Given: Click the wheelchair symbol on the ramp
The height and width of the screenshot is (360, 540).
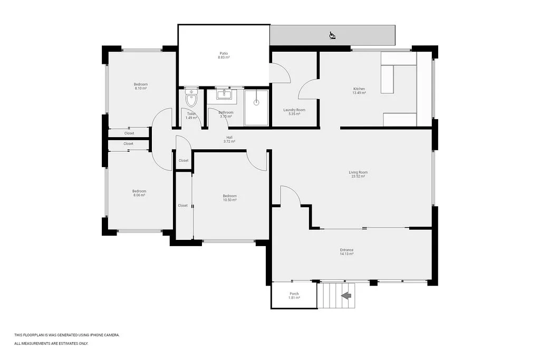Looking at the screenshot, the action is click(332, 35).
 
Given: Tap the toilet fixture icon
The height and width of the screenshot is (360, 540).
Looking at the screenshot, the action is click(191, 98).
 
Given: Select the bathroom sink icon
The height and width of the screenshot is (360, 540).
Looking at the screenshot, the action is click(226, 94).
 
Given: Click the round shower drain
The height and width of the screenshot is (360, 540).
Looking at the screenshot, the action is click(256, 102).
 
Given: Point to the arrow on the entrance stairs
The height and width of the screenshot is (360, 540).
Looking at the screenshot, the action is click(346, 296).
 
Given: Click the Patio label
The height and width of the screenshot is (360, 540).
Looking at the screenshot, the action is click(224, 53).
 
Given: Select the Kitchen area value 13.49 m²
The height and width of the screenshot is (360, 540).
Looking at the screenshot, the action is click(359, 93).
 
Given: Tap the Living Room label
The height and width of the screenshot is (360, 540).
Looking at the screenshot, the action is click(358, 172).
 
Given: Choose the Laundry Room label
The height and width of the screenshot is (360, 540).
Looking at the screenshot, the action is click(294, 110).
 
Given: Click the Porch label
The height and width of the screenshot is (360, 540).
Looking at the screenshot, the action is click(294, 294).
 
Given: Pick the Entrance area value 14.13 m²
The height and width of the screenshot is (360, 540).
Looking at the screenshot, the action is click(347, 254).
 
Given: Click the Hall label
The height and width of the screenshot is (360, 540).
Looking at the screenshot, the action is click(229, 138).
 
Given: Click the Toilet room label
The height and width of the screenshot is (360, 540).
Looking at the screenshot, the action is click(191, 114).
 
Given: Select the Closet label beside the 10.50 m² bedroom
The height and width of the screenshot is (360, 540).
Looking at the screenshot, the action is click(183, 206).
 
